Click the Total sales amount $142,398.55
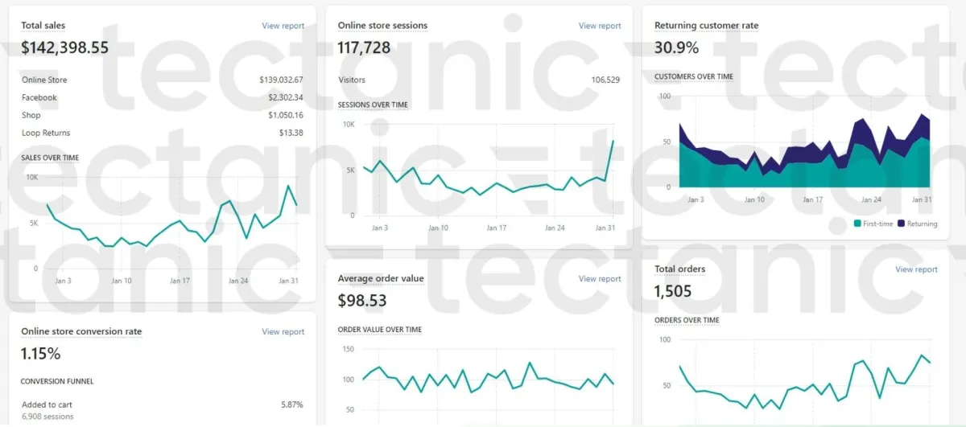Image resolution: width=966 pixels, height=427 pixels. tap(64, 47)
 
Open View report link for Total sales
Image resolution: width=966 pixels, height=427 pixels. tap(283, 26)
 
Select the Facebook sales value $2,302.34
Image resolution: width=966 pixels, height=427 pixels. tap(285, 97)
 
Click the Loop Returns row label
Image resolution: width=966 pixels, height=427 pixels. tap(46, 133)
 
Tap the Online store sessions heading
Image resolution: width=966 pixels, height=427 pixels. tap(382, 26)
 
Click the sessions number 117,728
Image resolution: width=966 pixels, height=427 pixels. tap(364, 47)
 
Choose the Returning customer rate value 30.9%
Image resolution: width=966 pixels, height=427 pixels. tap(676, 47)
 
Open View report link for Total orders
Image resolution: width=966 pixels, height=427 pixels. tap(916, 269)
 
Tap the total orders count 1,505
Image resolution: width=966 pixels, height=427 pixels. tap(672, 291)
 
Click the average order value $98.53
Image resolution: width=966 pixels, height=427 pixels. tap(362, 301)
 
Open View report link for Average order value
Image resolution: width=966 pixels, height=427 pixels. tap(600, 279)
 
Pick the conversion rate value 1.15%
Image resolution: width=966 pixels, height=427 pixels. tap(41, 353)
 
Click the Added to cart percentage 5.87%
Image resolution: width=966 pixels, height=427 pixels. tap(291, 404)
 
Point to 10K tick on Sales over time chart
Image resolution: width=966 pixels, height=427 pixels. tap(32, 177)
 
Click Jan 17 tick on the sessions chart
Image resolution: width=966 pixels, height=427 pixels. tap(496, 228)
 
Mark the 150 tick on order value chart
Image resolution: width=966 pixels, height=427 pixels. tap(349, 349)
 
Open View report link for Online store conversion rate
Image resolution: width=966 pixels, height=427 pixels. tap(283, 331)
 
